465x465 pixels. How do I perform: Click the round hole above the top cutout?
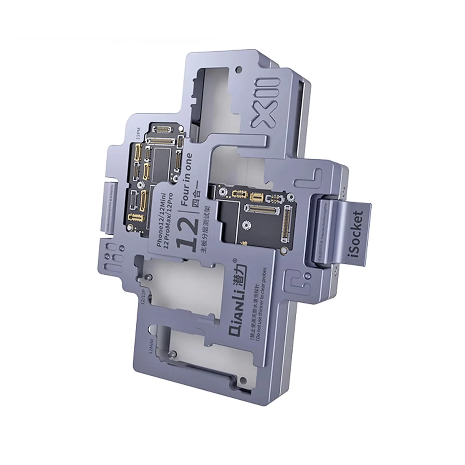point(238,69)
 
